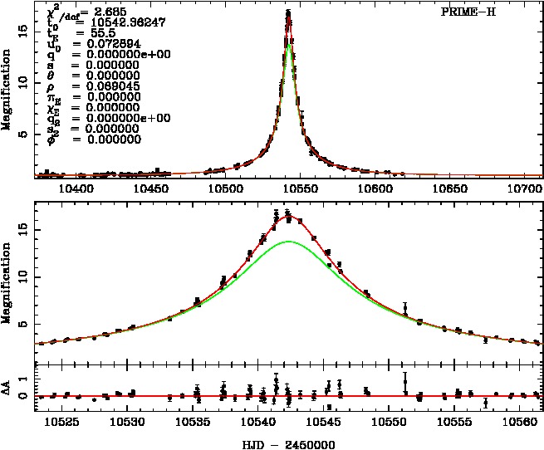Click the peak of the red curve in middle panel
pos(287,214)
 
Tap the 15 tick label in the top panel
pos(24,28)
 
